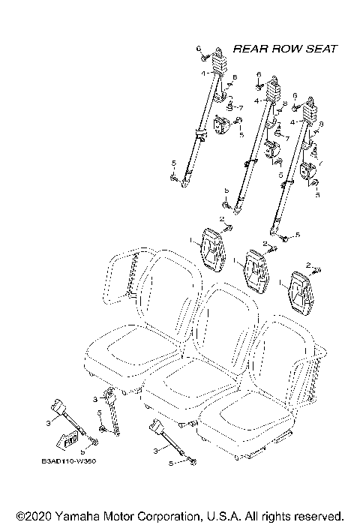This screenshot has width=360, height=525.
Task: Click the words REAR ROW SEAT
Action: [x=285, y=49]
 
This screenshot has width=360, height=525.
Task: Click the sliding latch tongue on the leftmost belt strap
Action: [x=200, y=135]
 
